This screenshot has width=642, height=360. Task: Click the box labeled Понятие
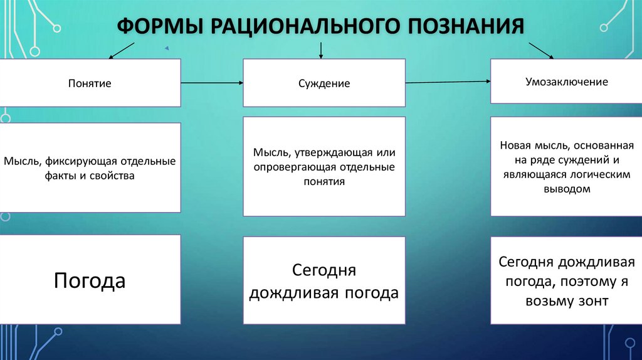[90, 83]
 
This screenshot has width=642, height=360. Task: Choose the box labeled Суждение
[324, 83]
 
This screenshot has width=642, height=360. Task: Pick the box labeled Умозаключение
[566, 82]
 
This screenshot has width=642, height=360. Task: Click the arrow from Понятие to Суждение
[212, 83]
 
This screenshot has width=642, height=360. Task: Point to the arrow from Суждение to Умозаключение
[448, 82]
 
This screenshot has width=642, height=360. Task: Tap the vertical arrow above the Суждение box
[321, 50]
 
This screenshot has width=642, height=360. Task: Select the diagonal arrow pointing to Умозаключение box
[541, 51]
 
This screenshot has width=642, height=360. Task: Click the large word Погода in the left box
[90, 280]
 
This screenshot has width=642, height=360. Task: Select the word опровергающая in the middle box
[295, 167]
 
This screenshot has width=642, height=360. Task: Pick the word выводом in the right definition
[566, 188]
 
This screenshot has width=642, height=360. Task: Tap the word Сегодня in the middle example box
[324, 270]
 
